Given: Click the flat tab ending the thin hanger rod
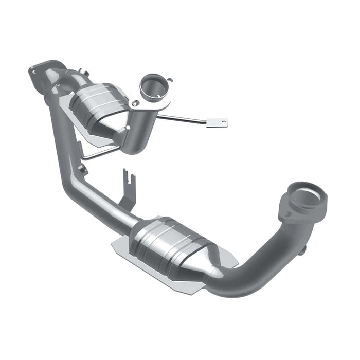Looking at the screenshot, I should [217, 123].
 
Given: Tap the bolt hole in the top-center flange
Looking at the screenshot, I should [135, 103].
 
